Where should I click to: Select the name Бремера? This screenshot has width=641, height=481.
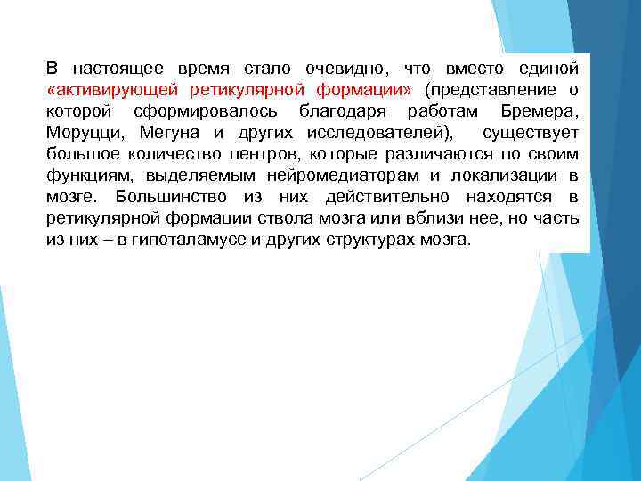540,111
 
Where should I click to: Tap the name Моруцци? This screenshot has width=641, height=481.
85,133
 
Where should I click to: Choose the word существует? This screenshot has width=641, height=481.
531,133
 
